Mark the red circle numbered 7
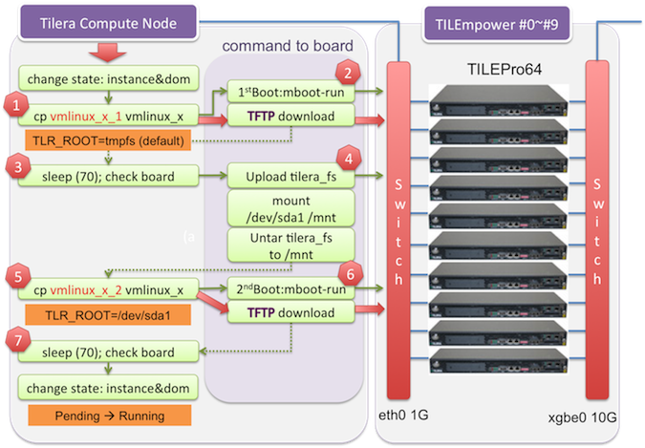pyautogui.click(x=14, y=341)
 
